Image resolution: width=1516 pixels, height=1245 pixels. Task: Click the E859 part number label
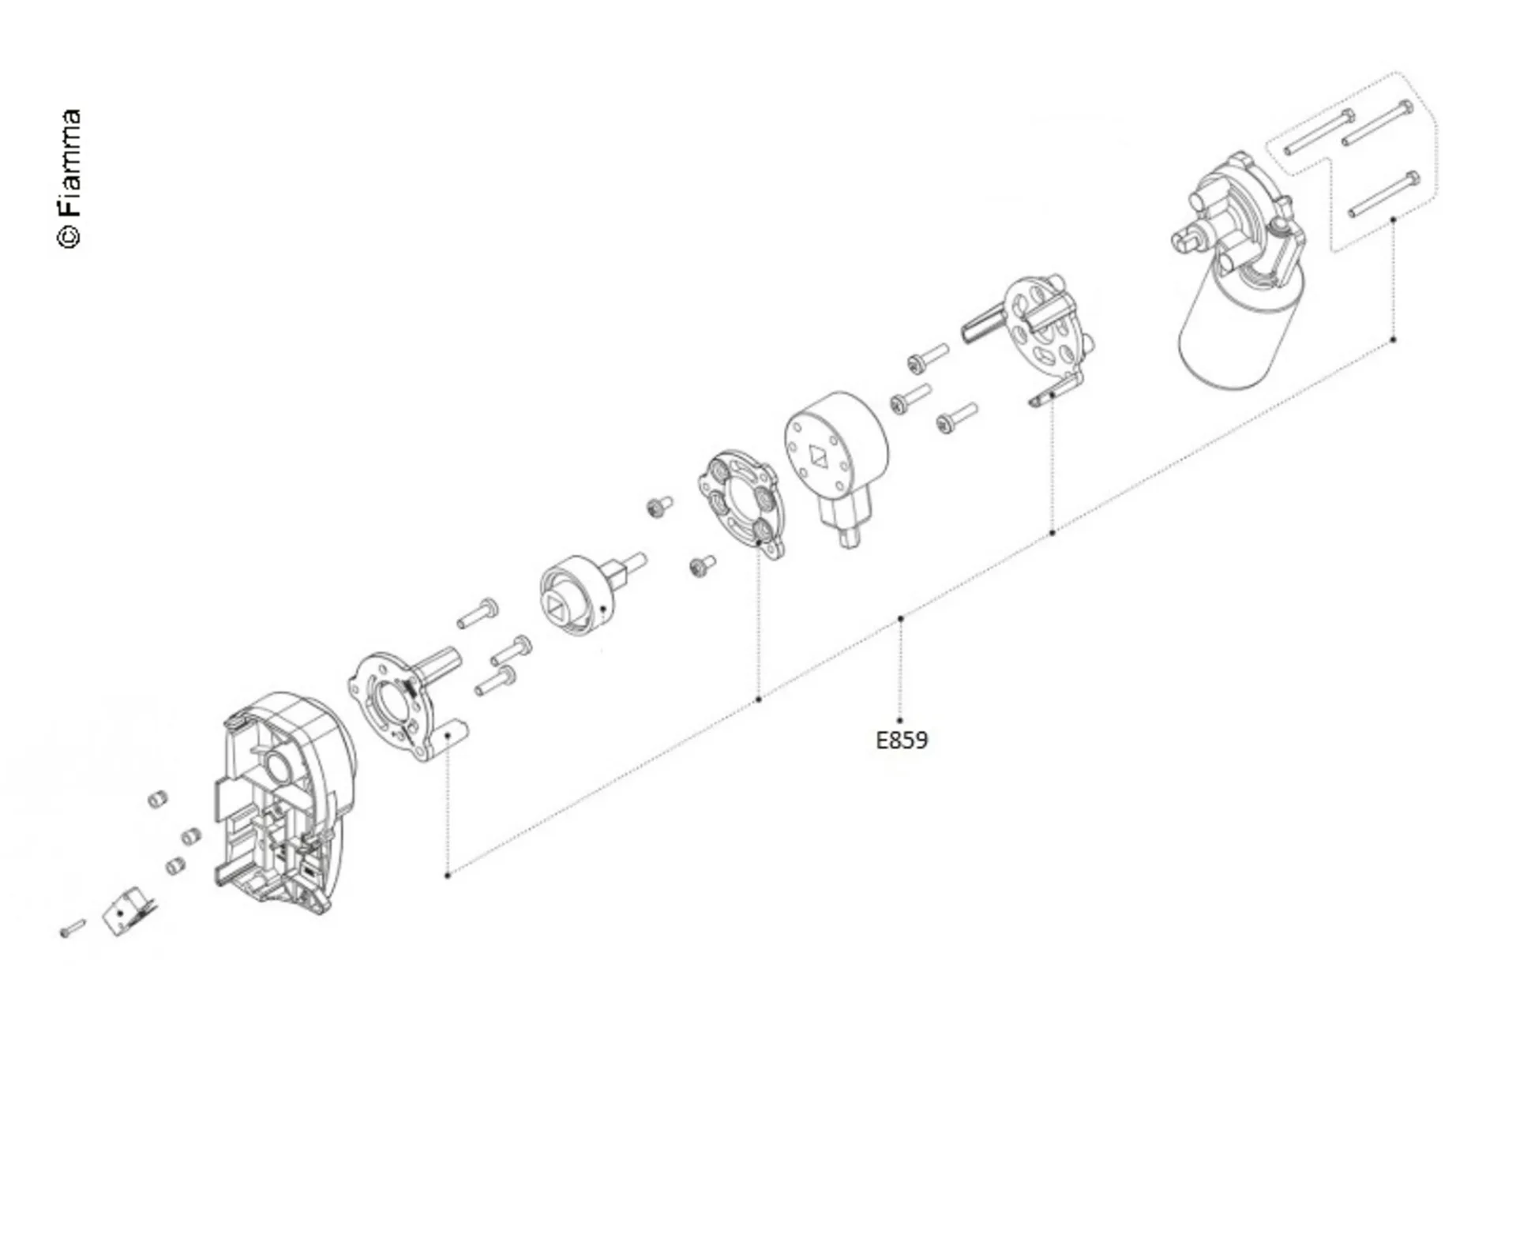tap(902, 740)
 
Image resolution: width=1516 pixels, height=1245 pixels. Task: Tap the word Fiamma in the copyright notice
tap(69, 162)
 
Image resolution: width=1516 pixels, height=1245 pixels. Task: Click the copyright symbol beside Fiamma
tap(69, 236)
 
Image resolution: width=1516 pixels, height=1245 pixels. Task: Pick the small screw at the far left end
tap(73, 928)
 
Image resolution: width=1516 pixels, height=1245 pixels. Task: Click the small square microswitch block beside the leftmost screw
tap(129, 912)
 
